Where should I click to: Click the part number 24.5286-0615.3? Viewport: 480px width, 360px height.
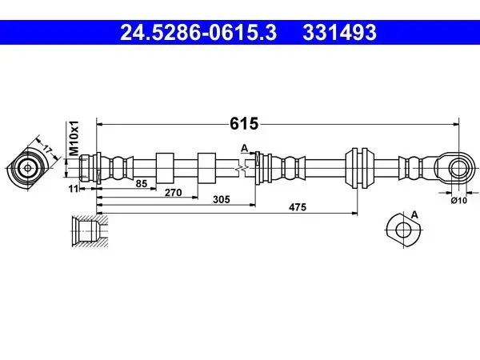pyautogui.click(x=198, y=33)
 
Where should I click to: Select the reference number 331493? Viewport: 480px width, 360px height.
pyautogui.click(x=339, y=33)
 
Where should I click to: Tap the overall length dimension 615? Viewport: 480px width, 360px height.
pyautogui.click(x=244, y=124)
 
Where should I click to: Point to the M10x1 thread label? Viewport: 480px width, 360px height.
pyautogui.click(x=74, y=138)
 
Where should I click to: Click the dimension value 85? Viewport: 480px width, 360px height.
pyautogui.click(x=142, y=184)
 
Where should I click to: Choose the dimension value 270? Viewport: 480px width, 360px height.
pyautogui.click(x=174, y=193)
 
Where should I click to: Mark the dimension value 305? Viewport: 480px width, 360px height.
pyautogui.click(x=222, y=199)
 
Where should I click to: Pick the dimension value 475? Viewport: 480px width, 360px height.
pyautogui.click(x=298, y=207)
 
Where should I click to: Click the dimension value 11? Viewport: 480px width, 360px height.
pyautogui.click(x=74, y=189)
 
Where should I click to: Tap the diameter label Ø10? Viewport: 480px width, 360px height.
pyautogui.click(x=459, y=201)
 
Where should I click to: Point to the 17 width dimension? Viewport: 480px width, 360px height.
pyautogui.click(x=47, y=150)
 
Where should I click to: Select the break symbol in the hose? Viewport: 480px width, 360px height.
pyautogui.click(x=242, y=168)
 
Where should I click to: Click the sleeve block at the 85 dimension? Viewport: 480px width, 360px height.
pyautogui.click(x=165, y=168)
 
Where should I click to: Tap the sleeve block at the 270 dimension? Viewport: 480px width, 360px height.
pyautogui.click(x=206, y=168)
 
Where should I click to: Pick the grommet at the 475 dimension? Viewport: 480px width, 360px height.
pyautogui.click(x=359, y=168)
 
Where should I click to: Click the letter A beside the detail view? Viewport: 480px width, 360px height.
pyautogui.click(x=414, y=215)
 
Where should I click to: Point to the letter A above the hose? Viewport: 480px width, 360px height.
pyautogui.click(x=244, y=148)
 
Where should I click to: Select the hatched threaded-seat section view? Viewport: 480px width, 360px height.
pyautogui.click(x=90, y=231)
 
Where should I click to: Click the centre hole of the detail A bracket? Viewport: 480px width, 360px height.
pyautogui.click(x=403, y=230)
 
